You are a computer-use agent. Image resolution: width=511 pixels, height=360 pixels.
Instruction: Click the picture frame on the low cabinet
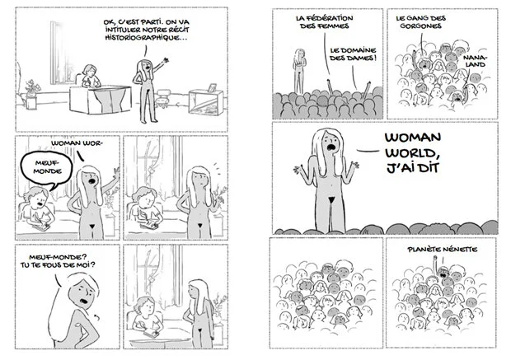point(212,86)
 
